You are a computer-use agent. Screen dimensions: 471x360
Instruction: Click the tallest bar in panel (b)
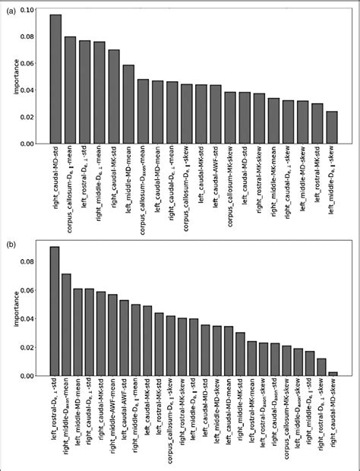tap(55, 311)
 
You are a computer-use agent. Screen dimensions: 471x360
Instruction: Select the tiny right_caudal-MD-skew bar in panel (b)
tap(332, 374)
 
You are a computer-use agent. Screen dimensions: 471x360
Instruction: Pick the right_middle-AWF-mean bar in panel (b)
tap(112, 335)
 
